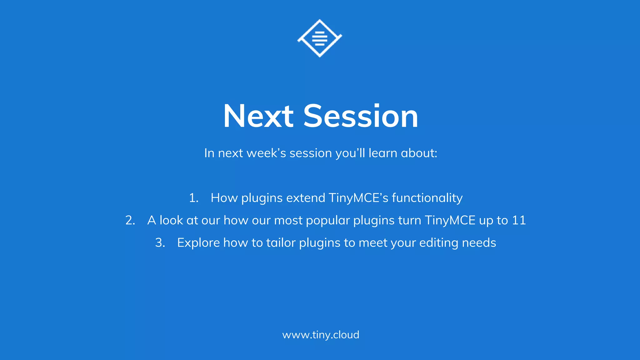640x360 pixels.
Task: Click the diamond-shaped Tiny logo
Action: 320,38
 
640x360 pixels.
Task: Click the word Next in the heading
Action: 258,116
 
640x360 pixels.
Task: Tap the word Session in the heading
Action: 361,116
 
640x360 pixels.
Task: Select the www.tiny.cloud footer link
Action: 321,335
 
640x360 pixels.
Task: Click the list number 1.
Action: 193,198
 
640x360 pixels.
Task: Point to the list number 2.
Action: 130,221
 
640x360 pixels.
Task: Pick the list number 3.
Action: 160,243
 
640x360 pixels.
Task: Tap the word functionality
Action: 427,198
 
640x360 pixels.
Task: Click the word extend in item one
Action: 306,198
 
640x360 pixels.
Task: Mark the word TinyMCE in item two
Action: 450,221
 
